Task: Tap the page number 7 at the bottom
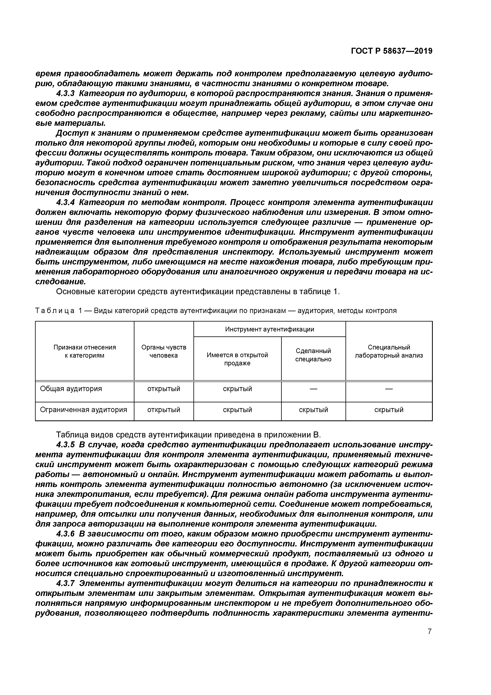[x=429, y=631]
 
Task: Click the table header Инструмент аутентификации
[x=269, y=329]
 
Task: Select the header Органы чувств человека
[x=164, y=351]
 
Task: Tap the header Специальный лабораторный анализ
[x=389, y=351]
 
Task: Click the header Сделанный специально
[x=313, y=355]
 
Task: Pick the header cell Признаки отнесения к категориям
[x=85, y=351]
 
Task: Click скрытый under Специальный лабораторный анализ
[x=389, y=410]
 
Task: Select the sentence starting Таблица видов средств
[x=188, y=435]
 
